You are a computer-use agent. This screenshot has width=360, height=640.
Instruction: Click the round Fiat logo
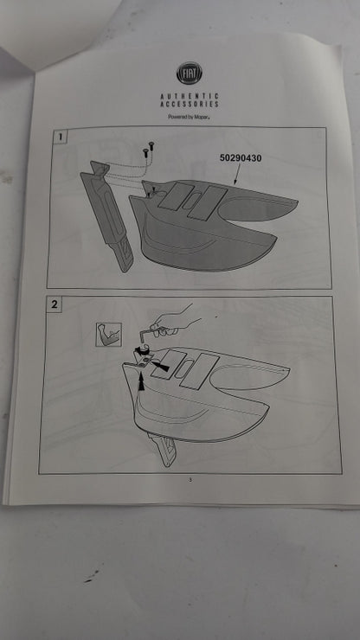[x=190, y=73]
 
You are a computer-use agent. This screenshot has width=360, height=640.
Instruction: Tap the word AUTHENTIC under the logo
[x=190, y=96]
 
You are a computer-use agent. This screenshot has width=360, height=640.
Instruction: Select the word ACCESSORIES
[x=190, y=104]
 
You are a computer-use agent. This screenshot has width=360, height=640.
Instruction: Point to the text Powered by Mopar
[x=189, y=117]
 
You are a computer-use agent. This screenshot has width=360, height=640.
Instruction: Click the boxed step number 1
[x=61, y=137]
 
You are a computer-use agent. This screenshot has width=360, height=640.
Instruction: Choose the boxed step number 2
[x=55, y=304]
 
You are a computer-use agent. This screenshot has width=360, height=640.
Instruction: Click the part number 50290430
[x=241, y=158]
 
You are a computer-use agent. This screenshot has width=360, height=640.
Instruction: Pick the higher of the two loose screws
[x=151, y=144]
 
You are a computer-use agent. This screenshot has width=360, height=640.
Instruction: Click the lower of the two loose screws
[x=145, y=153]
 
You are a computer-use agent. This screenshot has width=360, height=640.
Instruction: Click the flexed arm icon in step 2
[x=109, y=335]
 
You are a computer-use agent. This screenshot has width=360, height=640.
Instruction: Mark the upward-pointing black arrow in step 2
[x=142, y=382]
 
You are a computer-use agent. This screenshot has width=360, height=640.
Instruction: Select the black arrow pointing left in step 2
[x=160, y=367]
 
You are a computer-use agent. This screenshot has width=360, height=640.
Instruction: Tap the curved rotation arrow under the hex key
[x=142, y=350]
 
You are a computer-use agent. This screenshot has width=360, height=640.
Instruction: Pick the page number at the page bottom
[x=190, y=480]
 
